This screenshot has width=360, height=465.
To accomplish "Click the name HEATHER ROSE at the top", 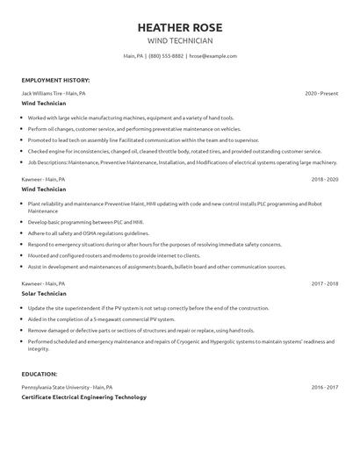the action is pos(179,28).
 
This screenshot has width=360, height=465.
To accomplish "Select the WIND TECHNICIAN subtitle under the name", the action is pos(179,40).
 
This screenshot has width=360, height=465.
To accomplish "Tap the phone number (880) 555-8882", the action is pos(166,56).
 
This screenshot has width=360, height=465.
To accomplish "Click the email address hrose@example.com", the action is pos(213,56).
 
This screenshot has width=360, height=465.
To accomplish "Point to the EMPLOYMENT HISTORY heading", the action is pos(55,80).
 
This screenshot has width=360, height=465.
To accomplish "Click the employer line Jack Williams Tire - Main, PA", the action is pos(54,92).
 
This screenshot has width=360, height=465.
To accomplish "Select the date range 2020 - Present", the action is pos(321,92).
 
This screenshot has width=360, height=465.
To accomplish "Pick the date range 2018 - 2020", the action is pos(324,179).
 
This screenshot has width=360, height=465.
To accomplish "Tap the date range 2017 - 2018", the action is pos(324,284).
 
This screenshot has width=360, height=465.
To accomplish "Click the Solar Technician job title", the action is pos(44,294).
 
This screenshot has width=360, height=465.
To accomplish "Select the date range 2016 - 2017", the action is pos(324,386).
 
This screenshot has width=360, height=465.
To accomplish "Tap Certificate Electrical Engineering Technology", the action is pos(83,397).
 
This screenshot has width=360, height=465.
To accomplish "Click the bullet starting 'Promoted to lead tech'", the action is pos(143,139).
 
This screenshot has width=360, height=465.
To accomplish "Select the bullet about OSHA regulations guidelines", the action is pos(88,234).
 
